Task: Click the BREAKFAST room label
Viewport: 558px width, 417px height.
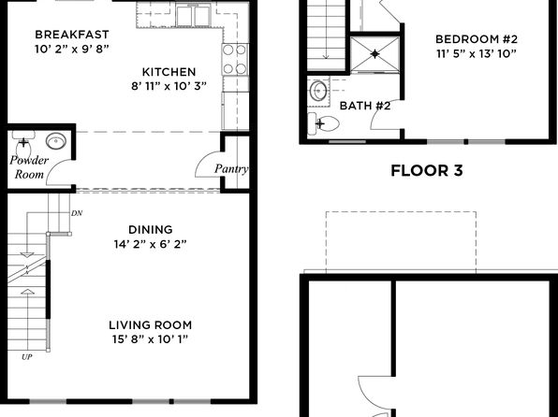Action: click(x=72, y=35)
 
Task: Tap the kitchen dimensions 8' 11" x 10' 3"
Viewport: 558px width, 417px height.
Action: click(x=169, y=86)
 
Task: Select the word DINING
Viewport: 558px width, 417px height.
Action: click(x=150, y=230)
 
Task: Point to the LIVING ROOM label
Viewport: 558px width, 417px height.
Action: click(x=150, y=325)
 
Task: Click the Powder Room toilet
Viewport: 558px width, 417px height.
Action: click(x=23, y=143)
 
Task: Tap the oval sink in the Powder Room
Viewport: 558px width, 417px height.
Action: click(x=56, y=141)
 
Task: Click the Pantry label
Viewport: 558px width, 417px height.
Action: click(x=231, y=168)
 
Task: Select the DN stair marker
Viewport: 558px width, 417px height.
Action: click(x=77, y=213)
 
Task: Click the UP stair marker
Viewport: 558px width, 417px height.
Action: click(x=27, y=357)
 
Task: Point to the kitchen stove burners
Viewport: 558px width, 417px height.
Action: click(x=235, y=59)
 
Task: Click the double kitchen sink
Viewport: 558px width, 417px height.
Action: click(x=193, y=16)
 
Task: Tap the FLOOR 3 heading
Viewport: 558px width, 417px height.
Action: click(x=427, y=171)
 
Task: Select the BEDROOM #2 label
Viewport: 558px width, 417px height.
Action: click(x=477, y=38)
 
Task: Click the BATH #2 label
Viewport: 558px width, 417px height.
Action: click(x=365, y=106)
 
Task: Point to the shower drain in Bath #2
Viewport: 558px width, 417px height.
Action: click(x=375, y=54)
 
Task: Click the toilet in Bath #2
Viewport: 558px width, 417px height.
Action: click(x=323, y=123)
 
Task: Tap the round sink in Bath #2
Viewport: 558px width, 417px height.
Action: click(x=318, y=91)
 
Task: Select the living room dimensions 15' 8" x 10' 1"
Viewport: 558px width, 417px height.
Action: click(x=150, y=339)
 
